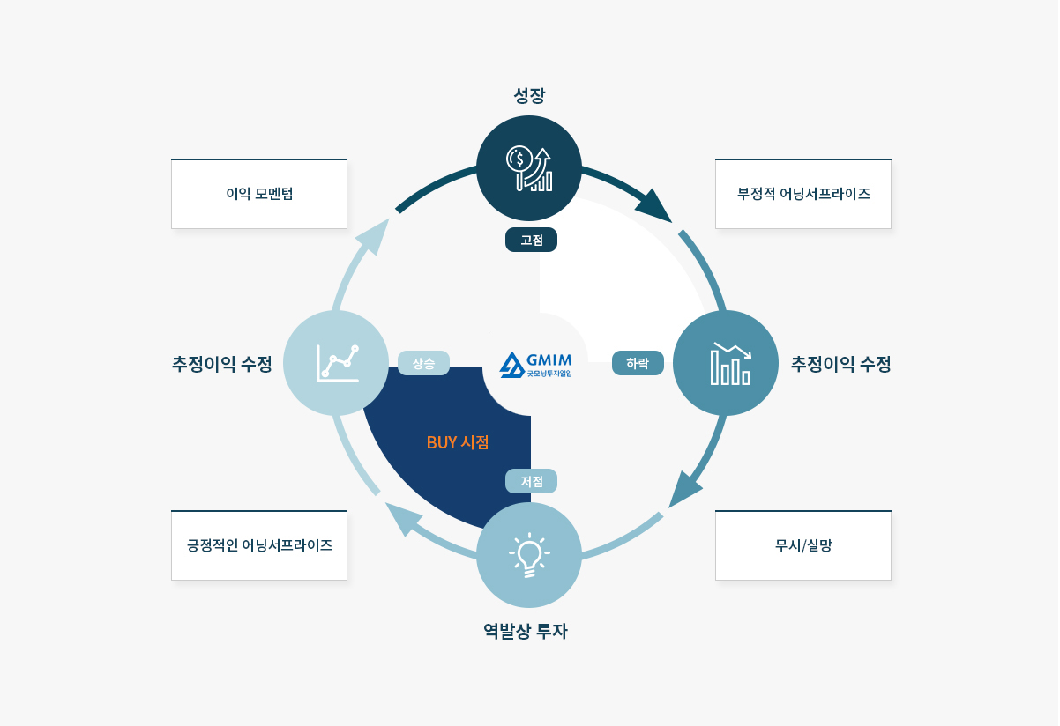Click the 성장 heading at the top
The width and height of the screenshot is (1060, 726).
[529, 94]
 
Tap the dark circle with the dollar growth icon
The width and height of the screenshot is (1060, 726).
[529, 168]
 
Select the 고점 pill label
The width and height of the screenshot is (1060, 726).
[531, 240]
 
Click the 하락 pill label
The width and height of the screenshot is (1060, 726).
[638, 363]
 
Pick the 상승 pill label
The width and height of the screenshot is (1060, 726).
[423, 363]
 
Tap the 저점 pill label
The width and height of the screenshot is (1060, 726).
[531, 481]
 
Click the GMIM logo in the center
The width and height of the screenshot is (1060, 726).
[536, 365]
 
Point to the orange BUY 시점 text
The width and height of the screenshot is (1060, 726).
[458, 442]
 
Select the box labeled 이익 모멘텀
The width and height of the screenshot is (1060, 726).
[259, 194]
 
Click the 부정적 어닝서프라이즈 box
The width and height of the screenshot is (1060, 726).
[803, 194]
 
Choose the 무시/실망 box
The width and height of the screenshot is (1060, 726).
[803, 545]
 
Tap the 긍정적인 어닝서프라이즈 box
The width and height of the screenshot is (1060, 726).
[259, 545]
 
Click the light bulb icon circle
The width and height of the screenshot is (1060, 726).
[529, 555]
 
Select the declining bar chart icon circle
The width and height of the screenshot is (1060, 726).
[726, 363]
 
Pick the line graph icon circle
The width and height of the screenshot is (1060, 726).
[336, 363]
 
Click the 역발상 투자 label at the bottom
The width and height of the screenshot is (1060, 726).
[526, 631]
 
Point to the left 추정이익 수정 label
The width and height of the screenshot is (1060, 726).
[222, 363]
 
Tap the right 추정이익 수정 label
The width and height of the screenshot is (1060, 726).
[841, 363]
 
